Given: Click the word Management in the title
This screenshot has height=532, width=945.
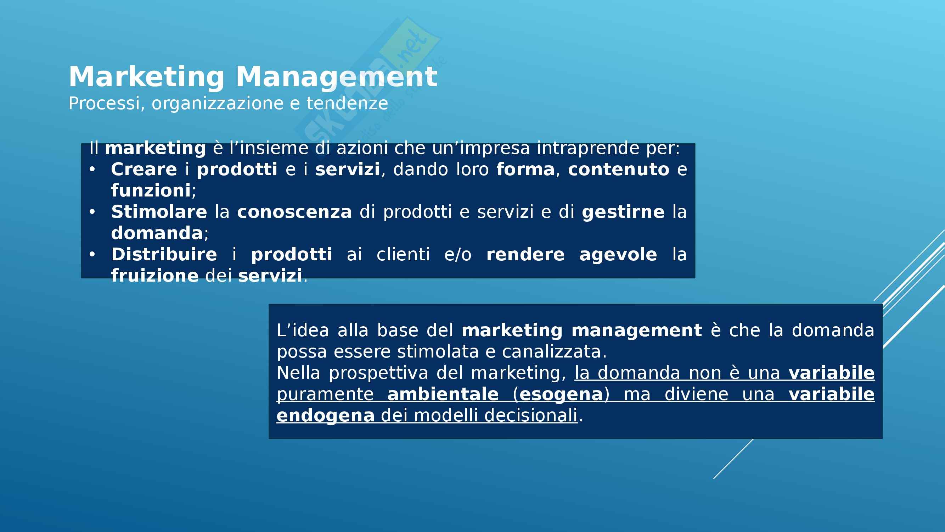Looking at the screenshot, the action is click(336, 77).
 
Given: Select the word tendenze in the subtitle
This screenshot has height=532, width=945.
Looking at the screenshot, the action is click(347, 103).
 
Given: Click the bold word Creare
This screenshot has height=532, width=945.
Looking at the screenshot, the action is click(144, 169).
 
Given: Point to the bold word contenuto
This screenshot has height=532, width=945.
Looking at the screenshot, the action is click(619, 170).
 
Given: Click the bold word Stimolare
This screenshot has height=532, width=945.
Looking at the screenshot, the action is click(159, 212).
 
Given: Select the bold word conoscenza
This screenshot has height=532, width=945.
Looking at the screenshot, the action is click(294, 212).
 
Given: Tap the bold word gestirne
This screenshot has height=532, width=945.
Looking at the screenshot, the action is click(623, 212).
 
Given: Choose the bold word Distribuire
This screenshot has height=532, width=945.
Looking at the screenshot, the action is click(164, 254).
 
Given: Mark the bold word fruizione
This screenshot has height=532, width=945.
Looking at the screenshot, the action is click(155, 276).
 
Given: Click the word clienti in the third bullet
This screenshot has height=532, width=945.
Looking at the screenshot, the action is click(403, 254).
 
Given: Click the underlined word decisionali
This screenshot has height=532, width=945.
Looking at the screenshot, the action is click(531, 416).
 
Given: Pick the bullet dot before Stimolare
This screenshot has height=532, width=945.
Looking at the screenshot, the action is click(92, 212).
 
